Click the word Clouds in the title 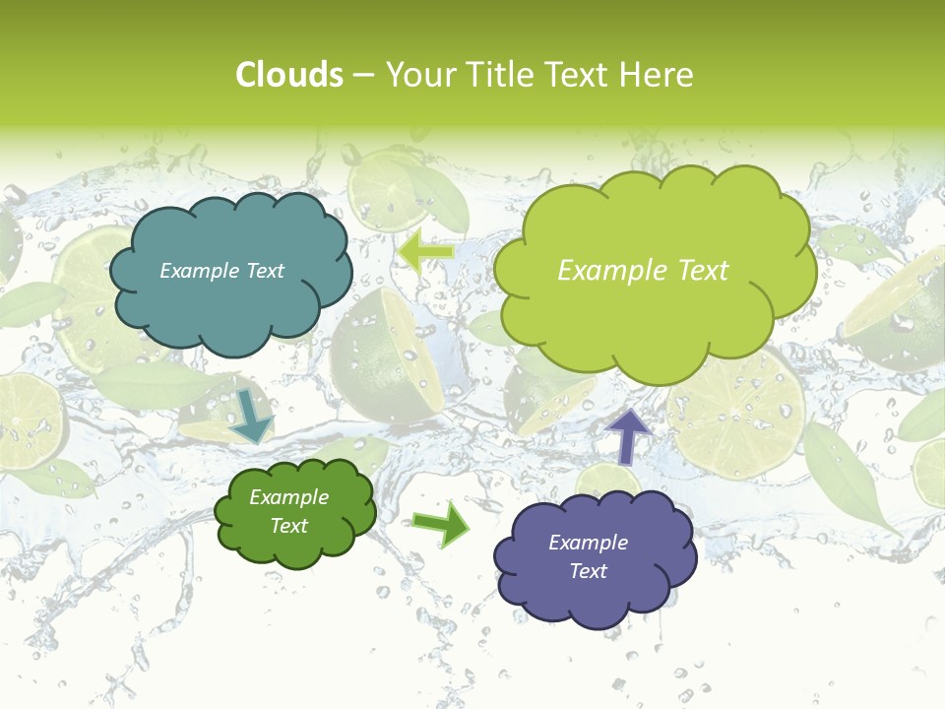288,75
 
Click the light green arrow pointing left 425,251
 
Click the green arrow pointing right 442,523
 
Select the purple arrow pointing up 628,436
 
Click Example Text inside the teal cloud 221,271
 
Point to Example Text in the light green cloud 643,271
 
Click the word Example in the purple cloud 588,543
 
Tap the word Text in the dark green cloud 288,526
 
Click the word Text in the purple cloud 588,571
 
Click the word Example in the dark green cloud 288,497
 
